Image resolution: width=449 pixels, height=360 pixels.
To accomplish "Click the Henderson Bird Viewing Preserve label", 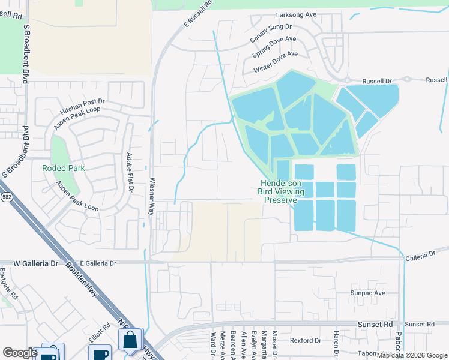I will [281, 191].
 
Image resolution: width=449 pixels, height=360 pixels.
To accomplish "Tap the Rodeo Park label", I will [62, 168].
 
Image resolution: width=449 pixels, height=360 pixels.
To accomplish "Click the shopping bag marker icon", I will [130, 340].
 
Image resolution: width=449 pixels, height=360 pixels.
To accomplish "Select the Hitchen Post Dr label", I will [83, 108].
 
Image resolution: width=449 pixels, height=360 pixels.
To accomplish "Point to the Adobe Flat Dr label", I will [128, 172].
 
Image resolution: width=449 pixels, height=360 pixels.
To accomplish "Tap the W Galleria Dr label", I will [31, 263].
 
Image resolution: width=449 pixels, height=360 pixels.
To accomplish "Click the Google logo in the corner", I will [20, 352].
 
